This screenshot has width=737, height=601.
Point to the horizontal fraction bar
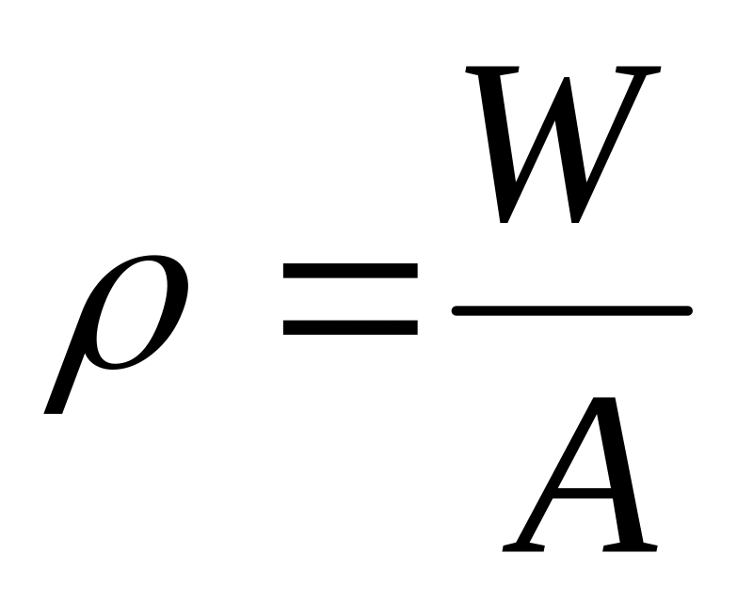pyautogui.click(x=572, y=310)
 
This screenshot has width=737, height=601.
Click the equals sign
pyautogui.click(x=350, y=299)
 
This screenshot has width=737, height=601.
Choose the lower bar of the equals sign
pyautogui.click(x=350, y=327)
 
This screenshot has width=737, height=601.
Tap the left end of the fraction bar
pyautogui.click(x=457, y=310)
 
